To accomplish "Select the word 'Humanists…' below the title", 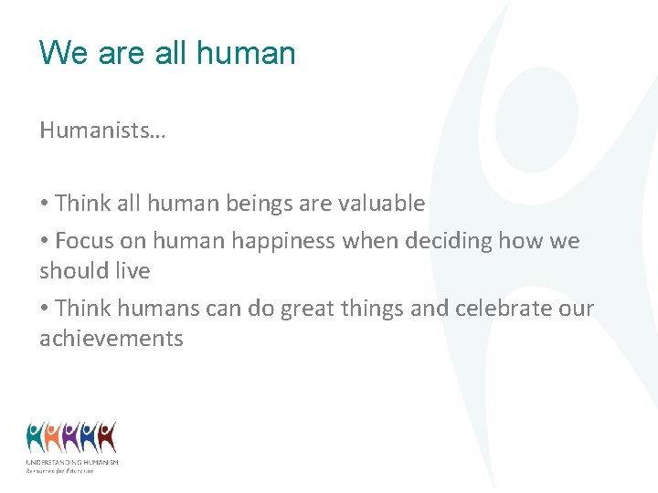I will (x=102, y=131).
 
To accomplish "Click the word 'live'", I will (x=133, y=271).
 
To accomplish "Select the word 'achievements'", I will (x=111, y=339).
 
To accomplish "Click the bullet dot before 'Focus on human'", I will (x=44, y=242).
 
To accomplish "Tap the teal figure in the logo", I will (x=36, y=437).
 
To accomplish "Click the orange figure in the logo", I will (x=53, y=437).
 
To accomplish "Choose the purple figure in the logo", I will (x=71, y=437).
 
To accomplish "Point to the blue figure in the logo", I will (x=89, y=437).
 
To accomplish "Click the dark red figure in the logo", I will (x=107, y=437).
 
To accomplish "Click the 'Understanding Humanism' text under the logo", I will (x=72, y=463).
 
